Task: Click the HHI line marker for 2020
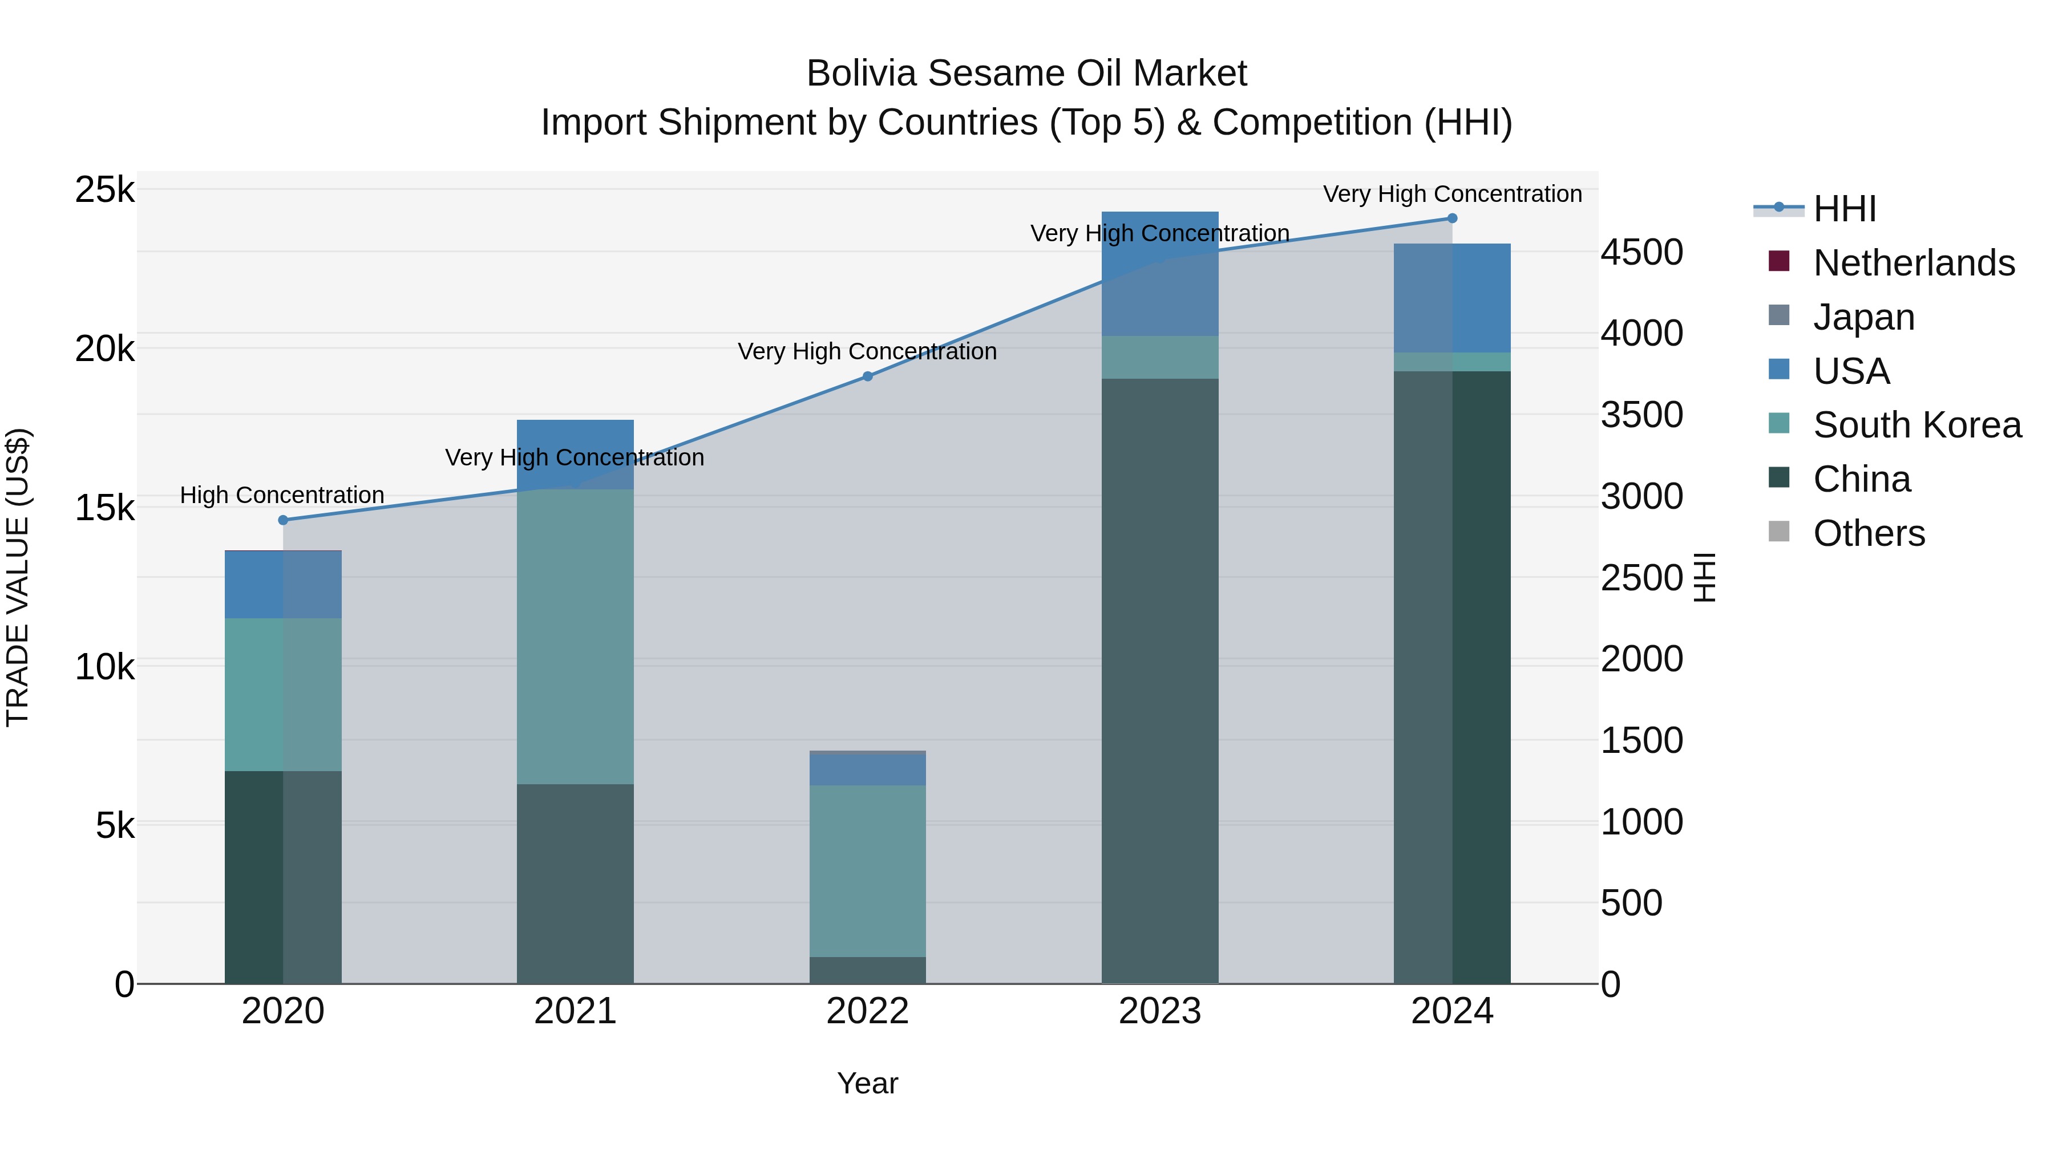tap(283, 520)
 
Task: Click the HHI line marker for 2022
tap(867, 376)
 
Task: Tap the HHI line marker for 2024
tap(1452, 218)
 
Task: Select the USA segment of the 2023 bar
tap(1160, 273)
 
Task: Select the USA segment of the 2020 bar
tap(283, 584)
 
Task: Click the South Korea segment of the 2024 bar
tap(1452, 362)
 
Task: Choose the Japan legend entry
tap(1863, 317)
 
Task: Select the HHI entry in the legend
tap(1843, 209)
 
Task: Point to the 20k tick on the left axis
tap(104, 348)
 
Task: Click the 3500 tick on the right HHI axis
tap(1641, 415)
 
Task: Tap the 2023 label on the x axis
tap(1160, 1011)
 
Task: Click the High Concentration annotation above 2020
tap(282, 495)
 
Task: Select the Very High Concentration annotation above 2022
tap(867, 351)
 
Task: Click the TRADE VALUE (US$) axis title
tap(18, 577)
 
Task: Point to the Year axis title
tap(867, 1083)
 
